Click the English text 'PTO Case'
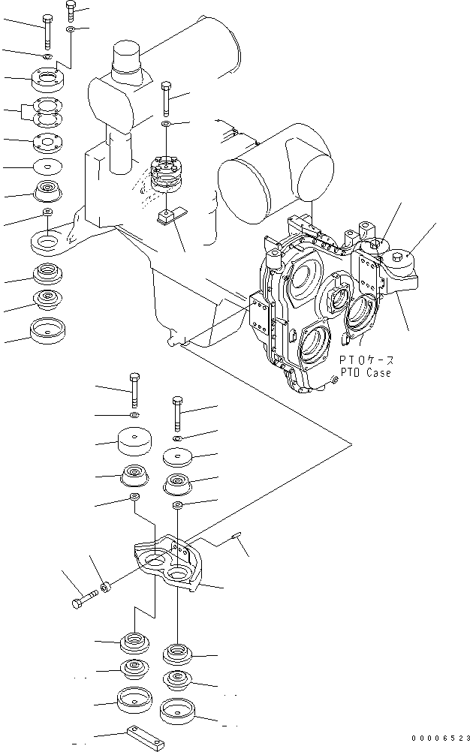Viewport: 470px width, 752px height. (365, 373)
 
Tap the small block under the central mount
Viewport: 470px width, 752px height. (167, 216)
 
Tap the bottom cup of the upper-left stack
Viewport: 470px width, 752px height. (47, 328)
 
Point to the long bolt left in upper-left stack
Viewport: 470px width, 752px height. (47, 29)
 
